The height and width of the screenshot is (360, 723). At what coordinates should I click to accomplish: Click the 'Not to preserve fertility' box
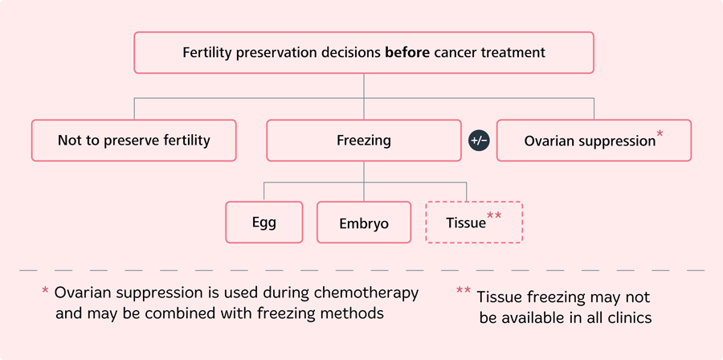tap(133, 141)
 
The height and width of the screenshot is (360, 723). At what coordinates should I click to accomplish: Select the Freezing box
tap(364, 141)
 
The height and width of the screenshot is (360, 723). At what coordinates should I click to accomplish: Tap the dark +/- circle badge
tap(479, 141)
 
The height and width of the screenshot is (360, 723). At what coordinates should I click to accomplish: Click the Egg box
tap(263, 222)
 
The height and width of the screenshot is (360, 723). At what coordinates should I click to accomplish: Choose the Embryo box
tap(364, 223)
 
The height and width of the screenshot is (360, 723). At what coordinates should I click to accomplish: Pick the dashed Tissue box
tap(473, 223)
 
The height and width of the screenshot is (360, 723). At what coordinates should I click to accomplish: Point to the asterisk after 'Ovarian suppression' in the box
tap(660, 135)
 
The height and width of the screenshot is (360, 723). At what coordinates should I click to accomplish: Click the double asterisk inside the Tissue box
tap(496, 218)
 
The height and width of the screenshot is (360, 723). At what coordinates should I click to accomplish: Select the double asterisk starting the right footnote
tap(464, 292)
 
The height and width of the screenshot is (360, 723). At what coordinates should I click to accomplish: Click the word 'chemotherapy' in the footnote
tap(374, 293)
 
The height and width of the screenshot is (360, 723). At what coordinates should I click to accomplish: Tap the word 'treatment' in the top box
tap(515, 53)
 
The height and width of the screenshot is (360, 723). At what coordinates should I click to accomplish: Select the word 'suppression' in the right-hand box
tap(613, 141)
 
